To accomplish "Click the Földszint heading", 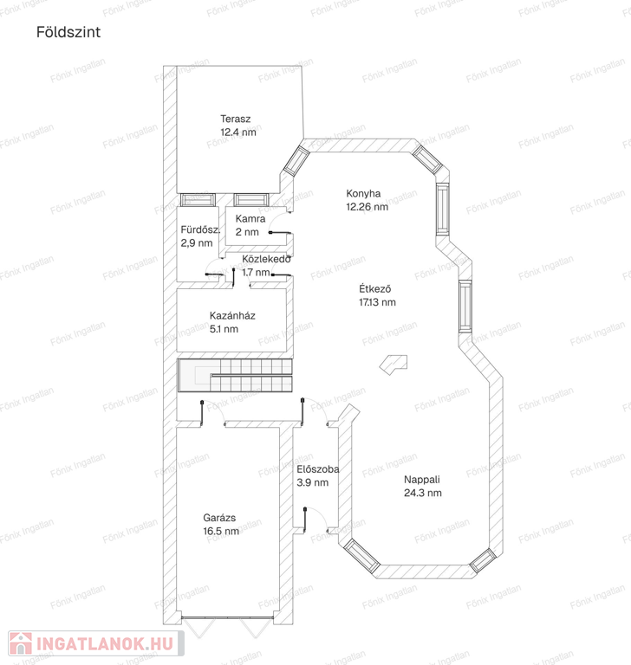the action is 68,32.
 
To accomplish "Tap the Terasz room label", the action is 235,119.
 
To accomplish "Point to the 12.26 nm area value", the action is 367,207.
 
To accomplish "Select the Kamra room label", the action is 250,219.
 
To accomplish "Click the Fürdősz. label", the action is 200,229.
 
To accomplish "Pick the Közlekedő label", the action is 266,259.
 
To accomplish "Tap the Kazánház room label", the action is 232,315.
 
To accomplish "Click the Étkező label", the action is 375,289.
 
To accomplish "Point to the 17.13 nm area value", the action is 377,302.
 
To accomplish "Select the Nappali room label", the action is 421,480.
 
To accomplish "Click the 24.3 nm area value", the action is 422,493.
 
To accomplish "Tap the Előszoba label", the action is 317,469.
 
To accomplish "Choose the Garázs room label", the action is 219,518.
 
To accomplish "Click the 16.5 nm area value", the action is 221,531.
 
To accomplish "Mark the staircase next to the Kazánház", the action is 235,375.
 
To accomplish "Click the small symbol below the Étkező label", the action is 394,365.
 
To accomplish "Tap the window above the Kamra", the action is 251,200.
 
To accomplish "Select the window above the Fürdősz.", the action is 198,200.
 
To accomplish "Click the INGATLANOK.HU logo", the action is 96,644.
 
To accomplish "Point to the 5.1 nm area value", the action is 224,329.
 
